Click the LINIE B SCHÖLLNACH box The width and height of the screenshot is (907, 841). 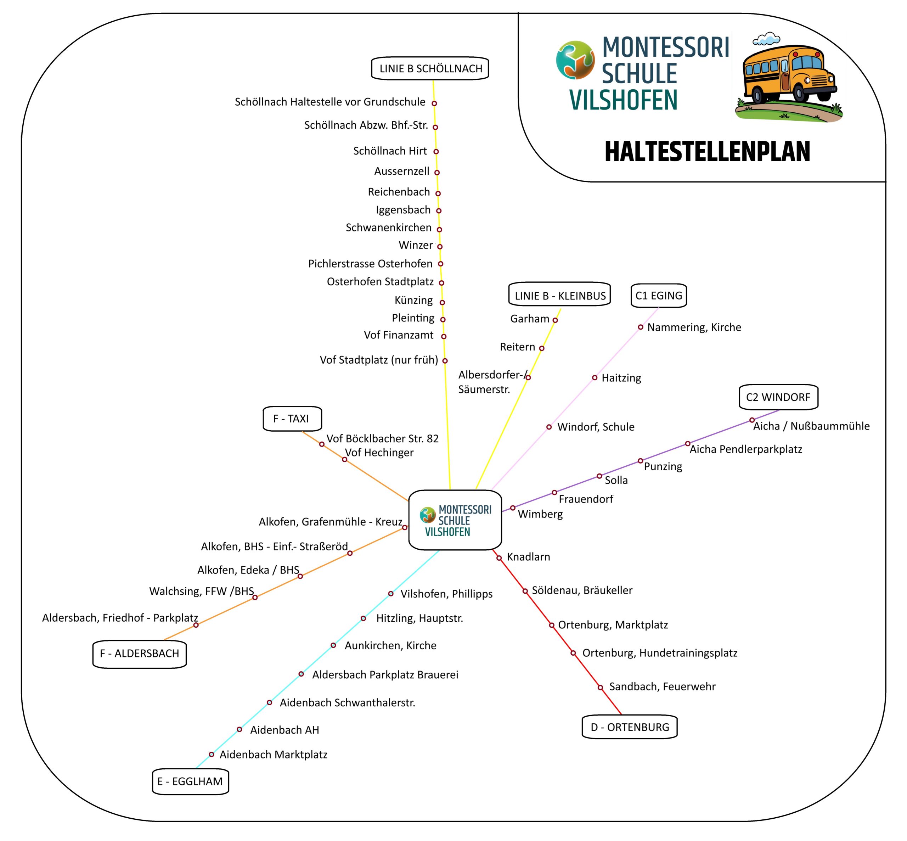[430, 68]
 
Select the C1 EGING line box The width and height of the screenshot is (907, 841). [659, 296]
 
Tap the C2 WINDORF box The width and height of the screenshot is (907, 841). [778, 397]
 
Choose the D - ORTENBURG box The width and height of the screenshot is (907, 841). [630, 727]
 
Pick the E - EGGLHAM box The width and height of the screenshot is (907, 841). [190, 781]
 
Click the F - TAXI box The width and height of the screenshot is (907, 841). [292, 418]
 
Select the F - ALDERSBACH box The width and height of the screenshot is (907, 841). [139, 654]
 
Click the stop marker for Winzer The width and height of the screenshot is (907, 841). [440, 247]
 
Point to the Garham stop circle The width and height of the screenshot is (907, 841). [555, 320]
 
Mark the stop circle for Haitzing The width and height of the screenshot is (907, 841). [595, 378]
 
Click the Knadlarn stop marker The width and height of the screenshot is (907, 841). [499, 558]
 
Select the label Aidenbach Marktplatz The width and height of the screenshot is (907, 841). [274, 755]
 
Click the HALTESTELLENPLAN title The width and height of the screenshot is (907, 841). [707, 152]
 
